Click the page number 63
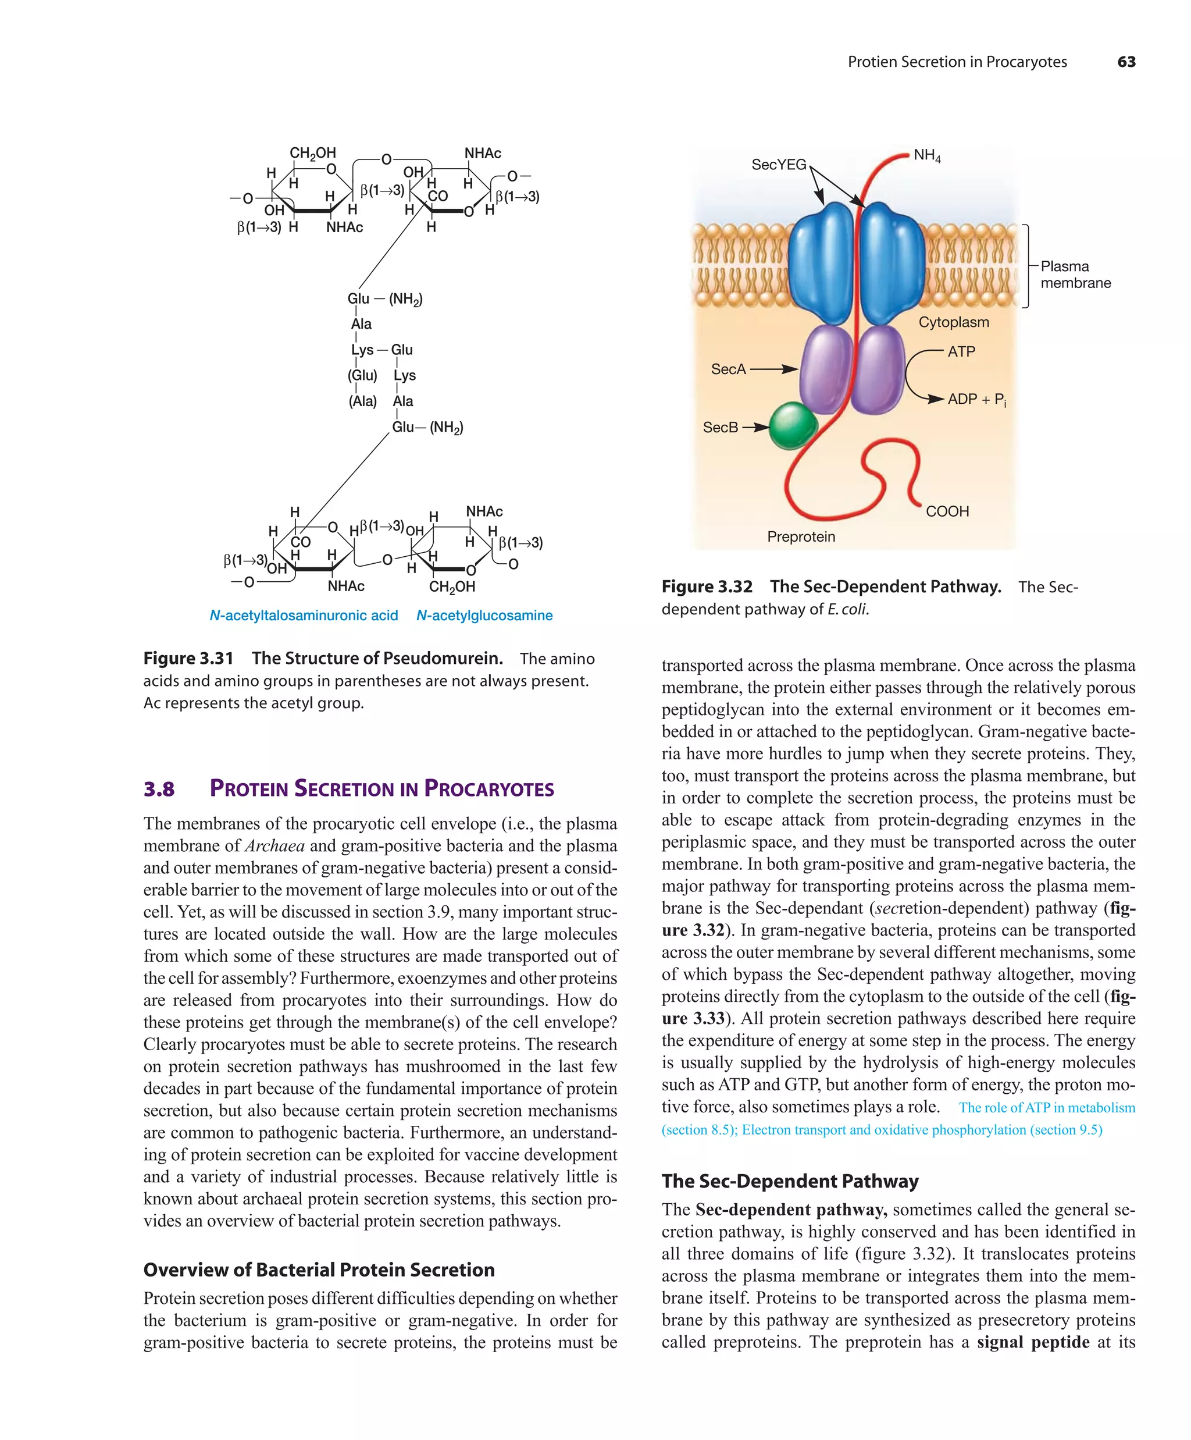pyautogui.click(x=1126, y=62)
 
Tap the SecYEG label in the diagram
pyautogui.click(x=779, y=165)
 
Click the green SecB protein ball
pyautogui.click(x=793, y=426)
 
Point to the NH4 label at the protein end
pyautogui.click(x=927, y=156)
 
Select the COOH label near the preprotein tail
pyautogui.click(x=947, y=511)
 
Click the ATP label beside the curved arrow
pyautogui.click(x=961, y=352)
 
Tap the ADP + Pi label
pyautogui.click(x=976, y=399)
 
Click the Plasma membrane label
pyautogui.click(x=1075, y=274)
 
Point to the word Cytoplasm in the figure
pyautogui.click(x=953, y=322)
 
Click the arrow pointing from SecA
pyautogui.click(x=775, y=369)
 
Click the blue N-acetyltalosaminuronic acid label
pyautogui.click(x=304, y=616)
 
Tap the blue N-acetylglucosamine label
pyautogui.click(x=484, y=616)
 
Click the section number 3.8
pyautogui.click(x=159, y=790)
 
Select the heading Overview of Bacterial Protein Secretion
pyautogui.click(x=319, y=1270)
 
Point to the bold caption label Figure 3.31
pyautogui.click(x=188, y=658)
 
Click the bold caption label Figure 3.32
pyautogui.click(x=707, y=587)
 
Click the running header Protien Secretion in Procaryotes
pyautogui.click(x=957, y=62)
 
